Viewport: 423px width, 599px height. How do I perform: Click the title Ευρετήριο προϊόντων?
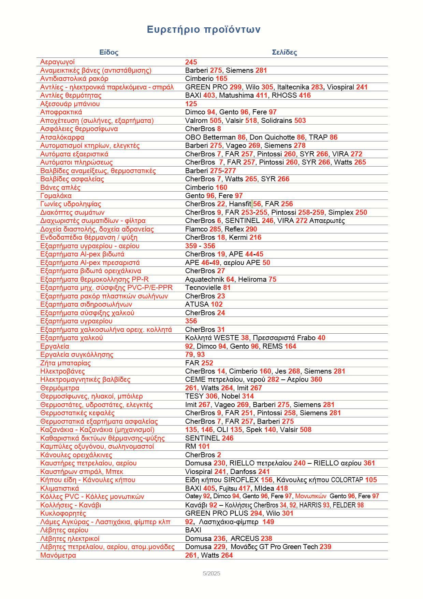point(204,30)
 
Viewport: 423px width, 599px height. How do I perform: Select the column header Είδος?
point(109,52)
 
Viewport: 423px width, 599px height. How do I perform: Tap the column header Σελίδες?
point(285,52)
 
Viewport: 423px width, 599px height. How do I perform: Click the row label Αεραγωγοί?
point(57,62)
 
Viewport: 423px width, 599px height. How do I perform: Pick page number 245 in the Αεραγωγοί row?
point(191,62)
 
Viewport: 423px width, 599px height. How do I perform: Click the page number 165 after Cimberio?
point(221,79)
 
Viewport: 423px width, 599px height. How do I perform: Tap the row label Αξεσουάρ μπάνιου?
point(70,104)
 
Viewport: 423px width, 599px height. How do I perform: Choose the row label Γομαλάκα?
point(56,196)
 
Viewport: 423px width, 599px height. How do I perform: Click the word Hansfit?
point(240,204)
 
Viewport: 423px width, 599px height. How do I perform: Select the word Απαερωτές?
point(327,221)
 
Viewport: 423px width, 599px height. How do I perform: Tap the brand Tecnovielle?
point(203,288)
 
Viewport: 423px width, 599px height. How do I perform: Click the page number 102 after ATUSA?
point(217,304)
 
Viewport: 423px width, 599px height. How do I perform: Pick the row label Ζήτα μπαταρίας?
point(65,363)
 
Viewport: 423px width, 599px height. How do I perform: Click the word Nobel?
point(231,396)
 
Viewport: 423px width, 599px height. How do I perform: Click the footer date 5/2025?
point(211,573)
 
